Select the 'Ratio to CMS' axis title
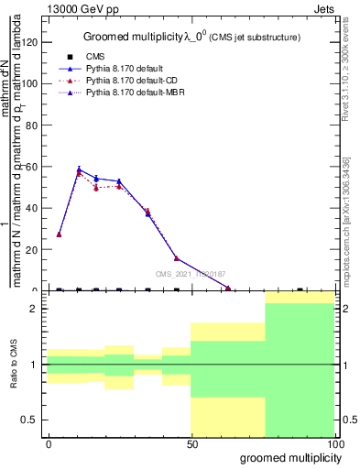pyautogui.click(x=14, y=365)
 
